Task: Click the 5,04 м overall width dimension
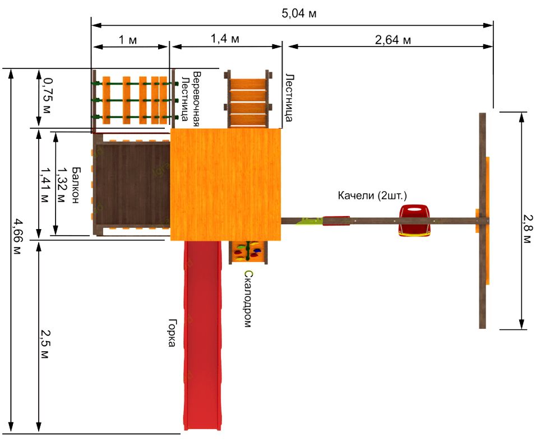(x=299, y=13)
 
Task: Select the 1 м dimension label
(x=128, y=40)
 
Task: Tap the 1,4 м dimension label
(x=225, y=39)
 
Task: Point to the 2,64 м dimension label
(x=393, y=40)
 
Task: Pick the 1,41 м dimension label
(x=45, y=185)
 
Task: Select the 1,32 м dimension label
(x=61, y=185)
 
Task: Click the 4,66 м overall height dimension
(x=17, y=237)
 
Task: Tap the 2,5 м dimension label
(x=45, y=344)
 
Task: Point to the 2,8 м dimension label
(x=528, y=229)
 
